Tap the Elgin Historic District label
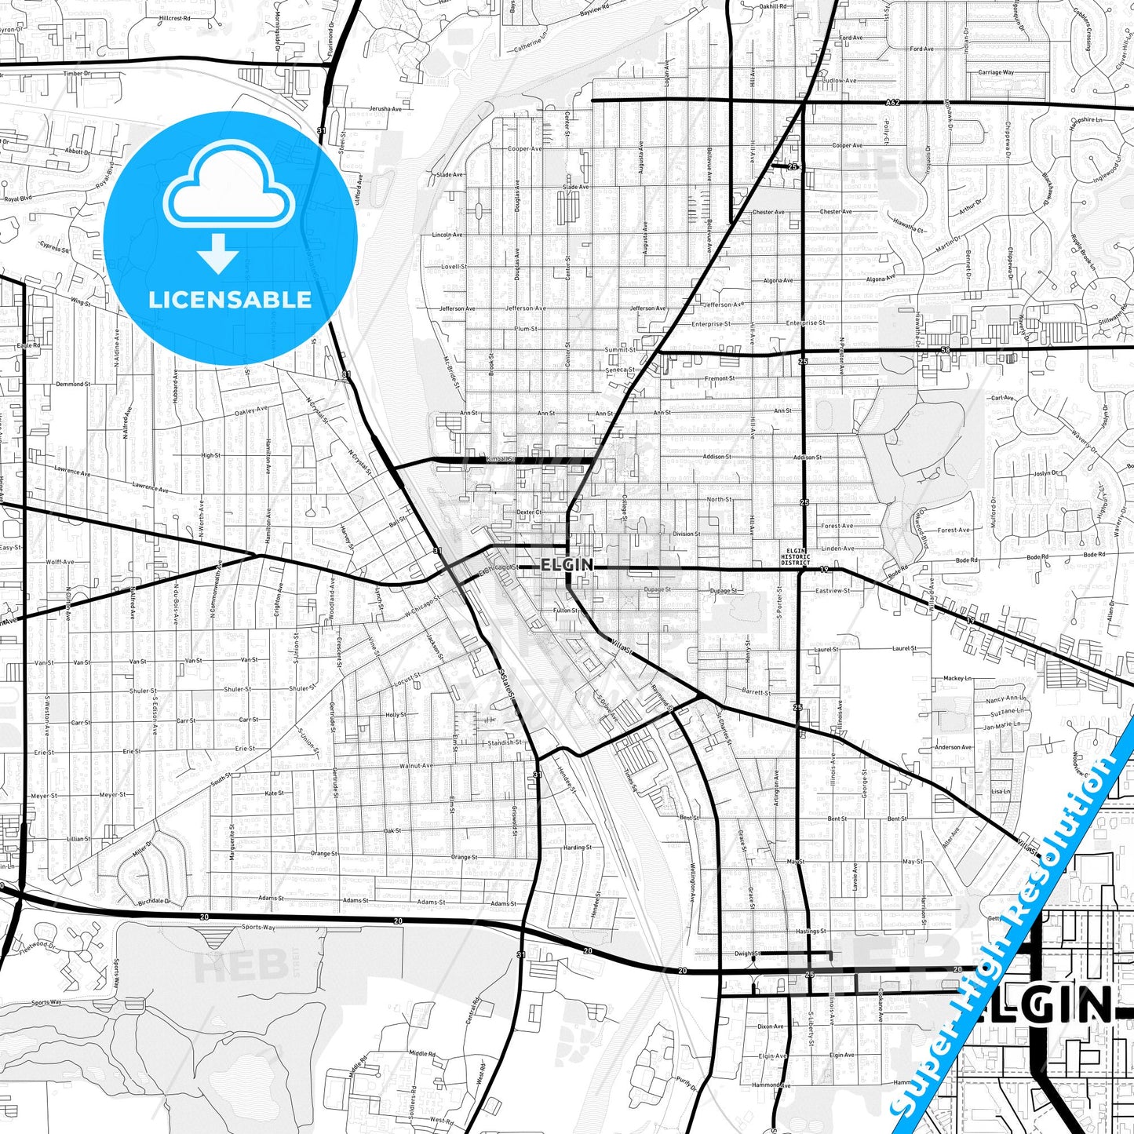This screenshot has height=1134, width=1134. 795,557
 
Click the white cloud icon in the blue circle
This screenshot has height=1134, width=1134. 229,190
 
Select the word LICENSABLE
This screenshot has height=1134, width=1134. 230,299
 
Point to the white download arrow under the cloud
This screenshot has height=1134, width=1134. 218,253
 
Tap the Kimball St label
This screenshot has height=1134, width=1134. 499,459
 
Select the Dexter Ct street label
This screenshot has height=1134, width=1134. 528,512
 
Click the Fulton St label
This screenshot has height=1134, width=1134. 564,611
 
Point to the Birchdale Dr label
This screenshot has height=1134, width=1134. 154,902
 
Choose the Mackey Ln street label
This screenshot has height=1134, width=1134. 957,678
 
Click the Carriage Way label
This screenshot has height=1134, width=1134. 996,72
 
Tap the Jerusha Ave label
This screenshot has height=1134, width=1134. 385,109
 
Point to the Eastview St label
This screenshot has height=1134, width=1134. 832,590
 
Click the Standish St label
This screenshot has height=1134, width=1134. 504,742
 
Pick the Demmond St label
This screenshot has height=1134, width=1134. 73,385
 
